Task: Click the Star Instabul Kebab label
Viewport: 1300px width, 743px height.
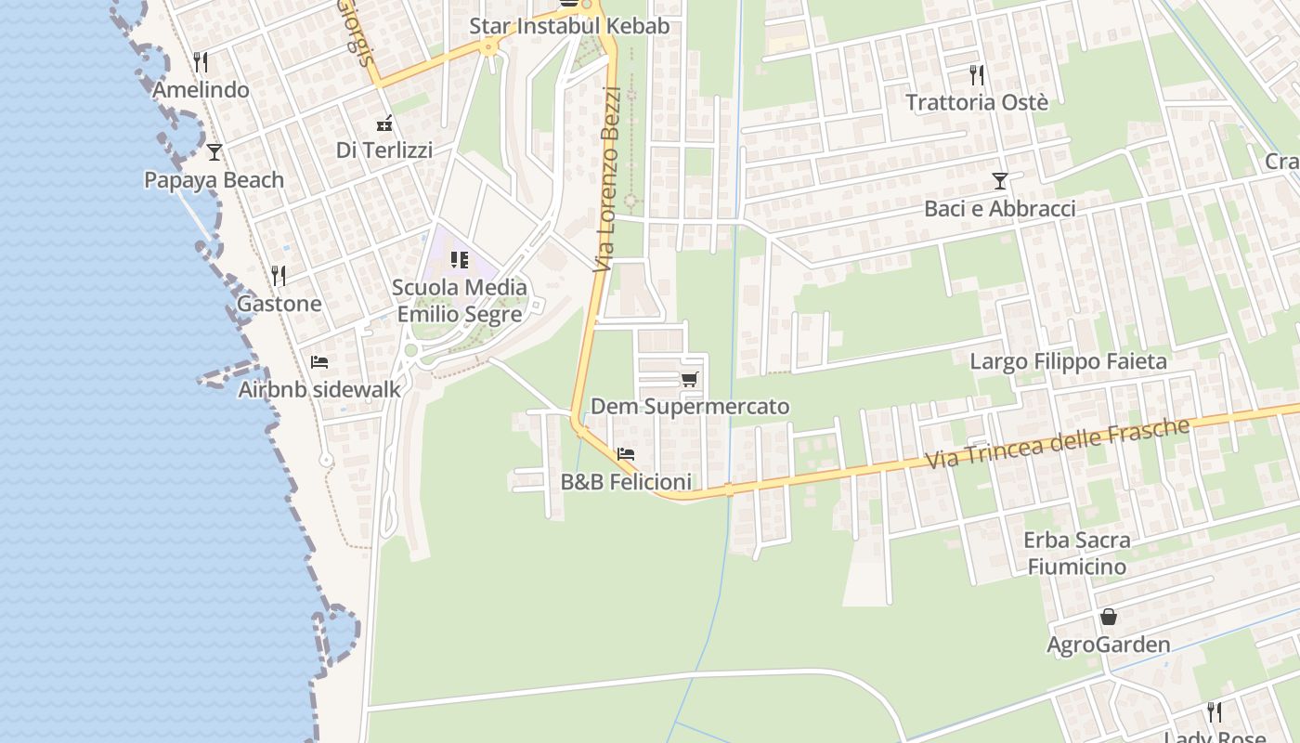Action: click(568, 26)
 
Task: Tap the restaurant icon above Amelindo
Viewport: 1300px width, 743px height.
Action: click(201, 62)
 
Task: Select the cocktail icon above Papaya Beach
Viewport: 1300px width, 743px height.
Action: click(214, 151)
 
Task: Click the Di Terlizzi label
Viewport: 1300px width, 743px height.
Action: click(383, 150)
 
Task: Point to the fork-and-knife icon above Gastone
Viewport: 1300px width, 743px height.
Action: click(278, 275)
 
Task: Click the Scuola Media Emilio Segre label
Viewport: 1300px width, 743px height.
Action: click(460, 301)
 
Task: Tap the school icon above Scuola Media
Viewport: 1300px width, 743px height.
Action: click(460, 260)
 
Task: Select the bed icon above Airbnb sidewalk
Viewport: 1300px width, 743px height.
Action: click(319, 361)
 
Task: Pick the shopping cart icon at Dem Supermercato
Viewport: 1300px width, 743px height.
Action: click(689, 379)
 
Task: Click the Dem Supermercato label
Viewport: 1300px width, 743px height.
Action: click(690, 407)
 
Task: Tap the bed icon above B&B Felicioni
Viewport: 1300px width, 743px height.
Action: click(626, 454)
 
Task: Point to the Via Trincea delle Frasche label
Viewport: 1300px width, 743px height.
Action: click(1058, 444)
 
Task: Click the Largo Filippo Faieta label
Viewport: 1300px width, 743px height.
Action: click(1068, 361)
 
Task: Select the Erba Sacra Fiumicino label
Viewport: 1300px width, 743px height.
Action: click(1076, 553)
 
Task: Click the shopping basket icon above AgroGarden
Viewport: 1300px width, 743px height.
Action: click(1108, 617)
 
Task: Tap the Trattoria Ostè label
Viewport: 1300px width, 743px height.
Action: click(976, 102)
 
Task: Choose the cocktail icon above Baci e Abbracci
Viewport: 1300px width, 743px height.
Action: click(1000, 180)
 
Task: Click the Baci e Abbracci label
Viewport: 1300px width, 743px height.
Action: click(999, 209)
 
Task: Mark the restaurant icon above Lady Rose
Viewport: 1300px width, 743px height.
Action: click(1214, 712)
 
